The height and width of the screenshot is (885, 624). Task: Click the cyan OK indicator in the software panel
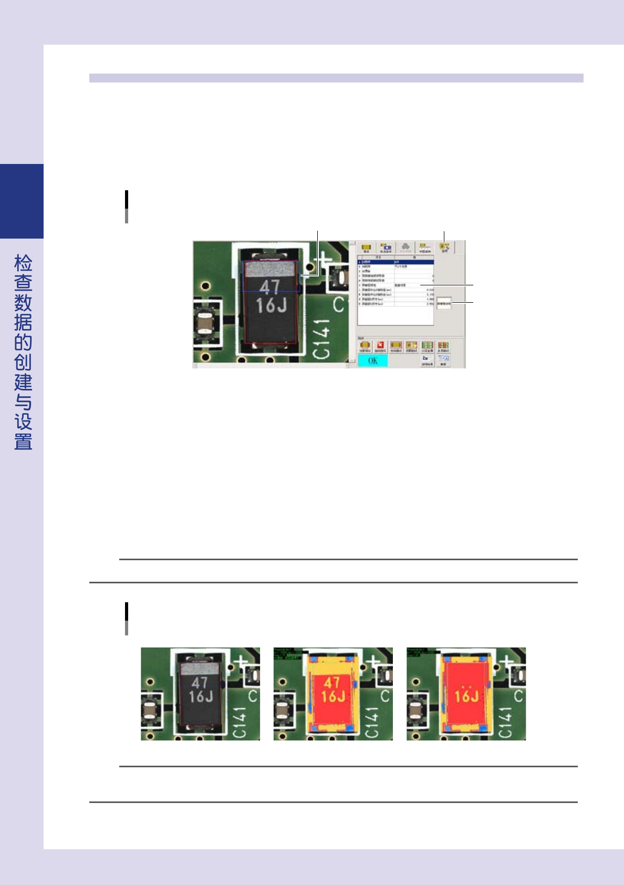(x=372, y=361)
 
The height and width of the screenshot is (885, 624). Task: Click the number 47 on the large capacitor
(x=269, y=287)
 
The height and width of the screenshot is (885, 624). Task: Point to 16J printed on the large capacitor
(x=271, y=305)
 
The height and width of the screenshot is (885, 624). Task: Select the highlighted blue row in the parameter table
(x=396, y=261)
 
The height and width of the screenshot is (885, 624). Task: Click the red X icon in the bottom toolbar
(x=380, y=346)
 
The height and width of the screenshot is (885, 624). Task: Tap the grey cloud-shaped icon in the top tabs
(x=405, y=247)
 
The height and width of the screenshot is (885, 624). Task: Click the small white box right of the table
(x=444, y=303)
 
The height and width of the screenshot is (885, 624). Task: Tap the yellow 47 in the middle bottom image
(x=331, y=682)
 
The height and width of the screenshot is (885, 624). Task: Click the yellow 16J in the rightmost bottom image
(x=466, y=696)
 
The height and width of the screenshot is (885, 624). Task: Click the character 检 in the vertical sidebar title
(x=23, y=263)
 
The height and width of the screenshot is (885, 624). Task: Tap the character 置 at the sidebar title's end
(x=23, y=441)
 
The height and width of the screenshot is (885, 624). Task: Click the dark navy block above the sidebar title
(x=22, y=201)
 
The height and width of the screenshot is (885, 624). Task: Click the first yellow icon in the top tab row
(x=366, y=247)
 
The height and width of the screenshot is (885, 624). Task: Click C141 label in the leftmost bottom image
(x=239, y=722)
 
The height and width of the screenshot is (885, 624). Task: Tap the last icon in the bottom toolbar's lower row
(x=443, y=360)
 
